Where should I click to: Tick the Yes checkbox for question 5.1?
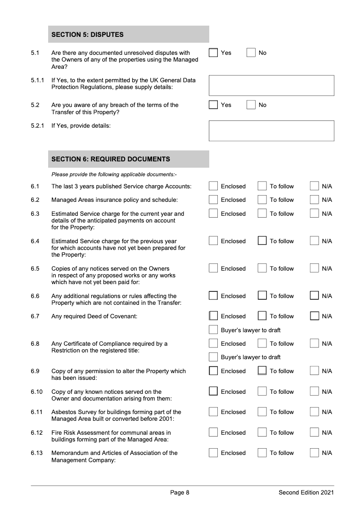click(x=213, y=53)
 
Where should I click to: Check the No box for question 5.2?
click(x=251, y=105)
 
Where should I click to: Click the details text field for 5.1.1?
click(x=271, y=85)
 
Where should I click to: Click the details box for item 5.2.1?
click(x=271, y=131)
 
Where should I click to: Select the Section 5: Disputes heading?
click(x=88, y=35)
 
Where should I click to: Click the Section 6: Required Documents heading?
click(x=111, y=159)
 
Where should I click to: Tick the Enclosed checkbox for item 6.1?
click(x=213, y=187)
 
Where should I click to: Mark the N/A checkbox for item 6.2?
click(x=315, y=200)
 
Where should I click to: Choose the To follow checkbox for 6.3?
click(x=262, y=214)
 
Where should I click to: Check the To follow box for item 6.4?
click(x=262, y=241)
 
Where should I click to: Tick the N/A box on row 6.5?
click(x=315, y=269)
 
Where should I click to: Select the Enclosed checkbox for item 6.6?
click(x=213, y=296)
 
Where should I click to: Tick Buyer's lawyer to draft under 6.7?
click(x=213, y=330)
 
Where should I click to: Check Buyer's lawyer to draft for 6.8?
click(x=213, y=357)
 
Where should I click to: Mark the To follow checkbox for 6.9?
click(x=262, y=371)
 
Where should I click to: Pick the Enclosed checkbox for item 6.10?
click(x=213, y=392)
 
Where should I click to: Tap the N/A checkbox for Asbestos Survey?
click(x=315, y=412)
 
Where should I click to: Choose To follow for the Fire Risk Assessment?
click(x=262, y=433)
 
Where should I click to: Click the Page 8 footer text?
click(x=180, y=493)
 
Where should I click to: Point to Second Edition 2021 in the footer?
click(x=306, y=493)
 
